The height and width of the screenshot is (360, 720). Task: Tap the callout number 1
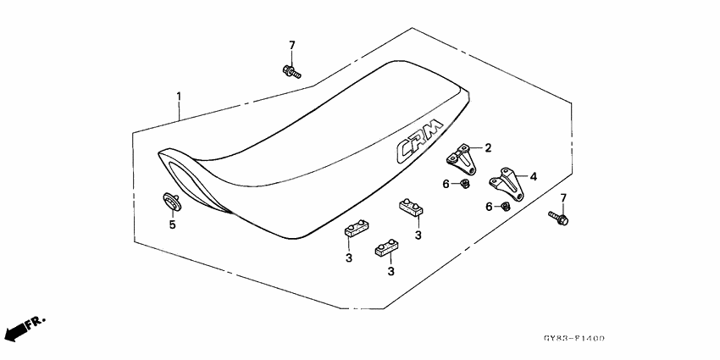coord(179,97)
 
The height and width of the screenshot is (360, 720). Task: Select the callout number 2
coord(488,148)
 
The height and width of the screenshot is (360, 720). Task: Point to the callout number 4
coord(533,176)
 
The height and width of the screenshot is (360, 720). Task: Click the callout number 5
coord(172,225)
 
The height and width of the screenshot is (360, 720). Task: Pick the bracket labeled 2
coord(461,158)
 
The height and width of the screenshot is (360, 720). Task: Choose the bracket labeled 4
coord(506,183)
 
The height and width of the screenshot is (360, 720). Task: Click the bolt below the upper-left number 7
coord(291,72)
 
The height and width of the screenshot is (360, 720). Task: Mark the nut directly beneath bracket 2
coord(464,184)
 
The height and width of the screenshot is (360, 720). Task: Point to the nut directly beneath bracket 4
coord(506,206)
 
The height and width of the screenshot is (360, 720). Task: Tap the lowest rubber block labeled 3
coord(386,247)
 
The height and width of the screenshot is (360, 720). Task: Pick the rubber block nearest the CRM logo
coord(411,207)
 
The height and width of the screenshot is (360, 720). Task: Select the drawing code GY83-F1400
coord(574,339)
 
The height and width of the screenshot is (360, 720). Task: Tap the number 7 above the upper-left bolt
coord(292,46)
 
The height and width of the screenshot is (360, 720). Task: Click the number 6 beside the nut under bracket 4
coord(490,207)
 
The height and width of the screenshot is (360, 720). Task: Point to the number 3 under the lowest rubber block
coord(390,271)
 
